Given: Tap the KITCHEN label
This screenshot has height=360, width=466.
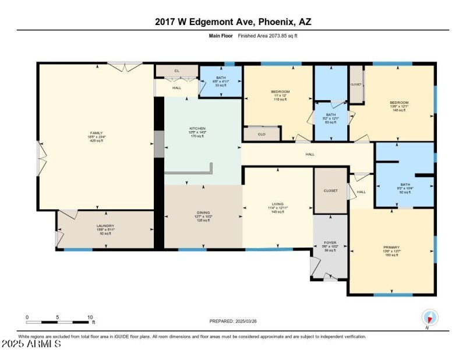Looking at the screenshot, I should pos(197,128).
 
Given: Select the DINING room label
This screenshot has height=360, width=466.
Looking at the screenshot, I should pos(203,213).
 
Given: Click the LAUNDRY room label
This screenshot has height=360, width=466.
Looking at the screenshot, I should pos(105,225).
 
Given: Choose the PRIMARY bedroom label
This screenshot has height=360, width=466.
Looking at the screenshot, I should pos(391,247).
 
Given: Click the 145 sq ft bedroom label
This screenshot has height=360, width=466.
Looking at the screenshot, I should pos(399,103).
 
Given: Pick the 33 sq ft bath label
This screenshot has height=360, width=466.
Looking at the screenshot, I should pos(221,77).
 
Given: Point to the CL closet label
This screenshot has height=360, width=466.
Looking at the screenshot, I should pos(177,71).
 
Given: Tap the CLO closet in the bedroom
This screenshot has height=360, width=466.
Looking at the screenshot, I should pos(262,134).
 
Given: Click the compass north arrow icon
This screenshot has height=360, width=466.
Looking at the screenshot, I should pos(430,317).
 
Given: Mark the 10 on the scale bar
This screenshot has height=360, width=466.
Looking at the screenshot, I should pos(89,317).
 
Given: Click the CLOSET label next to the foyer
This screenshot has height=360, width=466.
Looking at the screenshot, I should pos(331,190).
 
